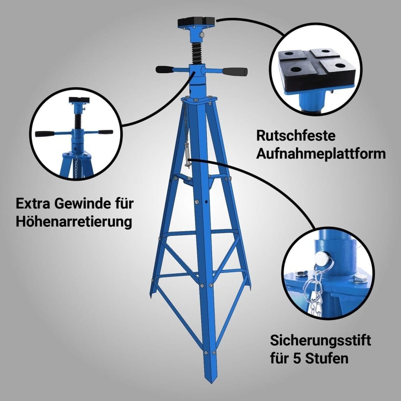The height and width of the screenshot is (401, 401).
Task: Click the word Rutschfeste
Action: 295,135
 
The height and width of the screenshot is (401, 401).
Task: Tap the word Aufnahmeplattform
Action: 321,154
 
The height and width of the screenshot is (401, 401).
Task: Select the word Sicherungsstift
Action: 320,341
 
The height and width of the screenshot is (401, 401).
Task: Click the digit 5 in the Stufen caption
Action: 297,358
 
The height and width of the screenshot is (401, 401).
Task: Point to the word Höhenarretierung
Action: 74,221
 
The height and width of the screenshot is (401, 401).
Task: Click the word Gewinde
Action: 83,203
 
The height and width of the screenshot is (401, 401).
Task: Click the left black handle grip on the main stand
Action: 165,69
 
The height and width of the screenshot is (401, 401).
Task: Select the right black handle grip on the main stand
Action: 234,71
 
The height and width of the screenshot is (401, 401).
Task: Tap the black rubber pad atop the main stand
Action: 196,22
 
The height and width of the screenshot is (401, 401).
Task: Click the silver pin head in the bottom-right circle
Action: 320,258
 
